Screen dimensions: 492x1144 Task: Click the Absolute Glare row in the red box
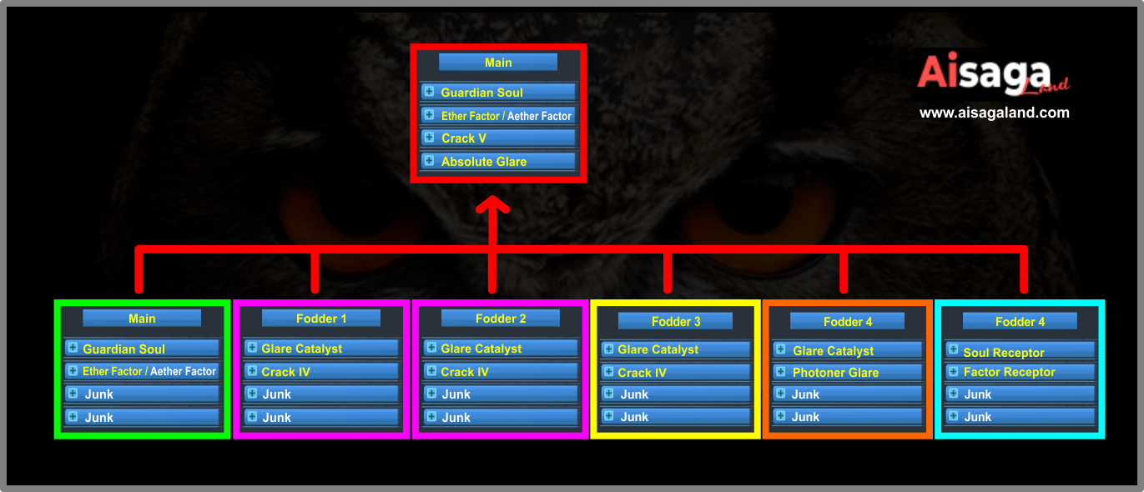tap(498, 161)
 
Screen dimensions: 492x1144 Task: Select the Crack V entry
tap(498, 138)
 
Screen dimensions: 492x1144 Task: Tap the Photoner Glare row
tap(848, 373)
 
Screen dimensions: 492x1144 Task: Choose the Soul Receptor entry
tap(1020, 353)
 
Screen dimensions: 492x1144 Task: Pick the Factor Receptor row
tap(1020, 372)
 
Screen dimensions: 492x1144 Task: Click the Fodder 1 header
tap(321, 319)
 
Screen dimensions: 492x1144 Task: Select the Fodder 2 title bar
tap(501, 319)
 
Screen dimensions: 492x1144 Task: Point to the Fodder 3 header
tap(676, 321)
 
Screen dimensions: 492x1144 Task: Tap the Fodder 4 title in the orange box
tap(848, 321)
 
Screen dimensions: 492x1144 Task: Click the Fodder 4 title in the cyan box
tap(1020, 321)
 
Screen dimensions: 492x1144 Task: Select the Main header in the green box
tap(142, 319)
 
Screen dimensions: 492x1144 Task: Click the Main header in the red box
tap(498, 63)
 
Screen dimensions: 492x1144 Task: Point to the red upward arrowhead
tap(492, 205)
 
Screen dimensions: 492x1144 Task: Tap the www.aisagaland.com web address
tap(994, 113)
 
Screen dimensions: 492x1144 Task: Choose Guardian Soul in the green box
tap(142, 349)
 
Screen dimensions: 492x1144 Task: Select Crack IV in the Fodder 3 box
tap(676, 373)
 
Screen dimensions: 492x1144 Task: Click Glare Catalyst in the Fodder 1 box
tap(321, 349)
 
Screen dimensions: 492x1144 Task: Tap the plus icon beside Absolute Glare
tap(429, 160)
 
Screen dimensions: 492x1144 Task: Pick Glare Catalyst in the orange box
tap(848, 351)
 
